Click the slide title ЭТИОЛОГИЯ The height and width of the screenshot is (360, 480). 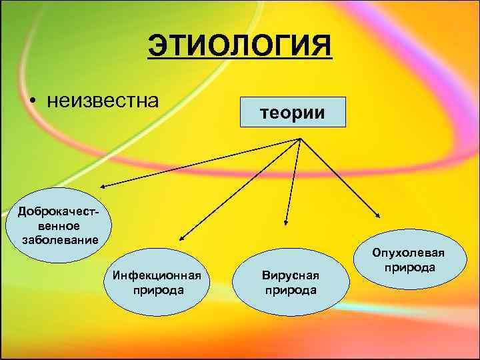(x=239, y=47)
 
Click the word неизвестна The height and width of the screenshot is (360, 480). (x=103, y=101)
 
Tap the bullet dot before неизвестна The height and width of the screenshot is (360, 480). (x=32, y=102)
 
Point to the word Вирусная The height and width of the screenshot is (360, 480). (x=291, y=275)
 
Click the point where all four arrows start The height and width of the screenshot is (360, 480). (x=301, y=139)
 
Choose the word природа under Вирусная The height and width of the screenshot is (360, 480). (x=291, y=290)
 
